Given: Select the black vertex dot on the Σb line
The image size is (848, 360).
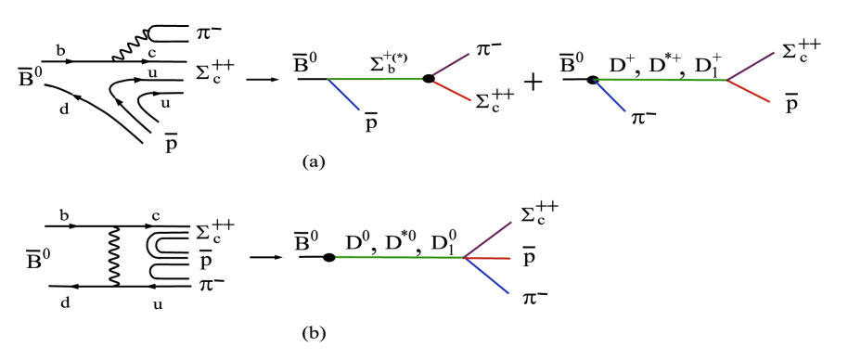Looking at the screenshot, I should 428,79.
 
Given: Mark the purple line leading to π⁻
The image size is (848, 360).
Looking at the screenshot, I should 457,63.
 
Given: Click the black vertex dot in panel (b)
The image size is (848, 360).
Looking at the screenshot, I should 328,257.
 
